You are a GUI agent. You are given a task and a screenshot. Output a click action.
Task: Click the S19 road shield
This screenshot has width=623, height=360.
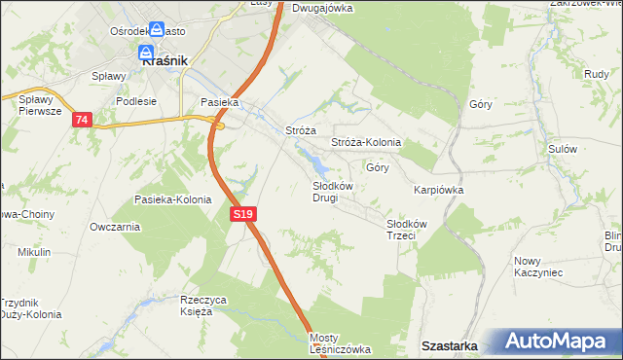tap(244, 213)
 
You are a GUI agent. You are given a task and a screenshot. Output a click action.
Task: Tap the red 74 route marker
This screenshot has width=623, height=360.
tap(82, 120)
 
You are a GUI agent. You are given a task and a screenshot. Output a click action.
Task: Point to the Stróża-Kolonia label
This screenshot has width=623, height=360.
tap(366, 142)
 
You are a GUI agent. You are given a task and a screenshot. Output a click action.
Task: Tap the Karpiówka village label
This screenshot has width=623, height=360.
tap(438, 191)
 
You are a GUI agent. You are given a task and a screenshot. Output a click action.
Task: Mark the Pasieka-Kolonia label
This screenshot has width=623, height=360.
tap(173, 199)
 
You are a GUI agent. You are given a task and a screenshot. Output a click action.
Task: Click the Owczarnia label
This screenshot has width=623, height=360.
tap(114, 227)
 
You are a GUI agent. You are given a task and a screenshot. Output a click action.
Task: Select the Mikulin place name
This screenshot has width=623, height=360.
tap(34, 252)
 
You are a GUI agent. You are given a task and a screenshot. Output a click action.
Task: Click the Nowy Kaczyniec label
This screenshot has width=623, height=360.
tap(538, 267)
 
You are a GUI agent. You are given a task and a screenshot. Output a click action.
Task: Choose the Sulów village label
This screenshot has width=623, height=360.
tap(563, 149)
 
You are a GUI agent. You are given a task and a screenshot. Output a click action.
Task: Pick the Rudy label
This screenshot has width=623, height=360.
tap(597, 74)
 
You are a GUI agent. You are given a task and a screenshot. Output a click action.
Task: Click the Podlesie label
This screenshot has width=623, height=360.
tap(136, 100)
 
